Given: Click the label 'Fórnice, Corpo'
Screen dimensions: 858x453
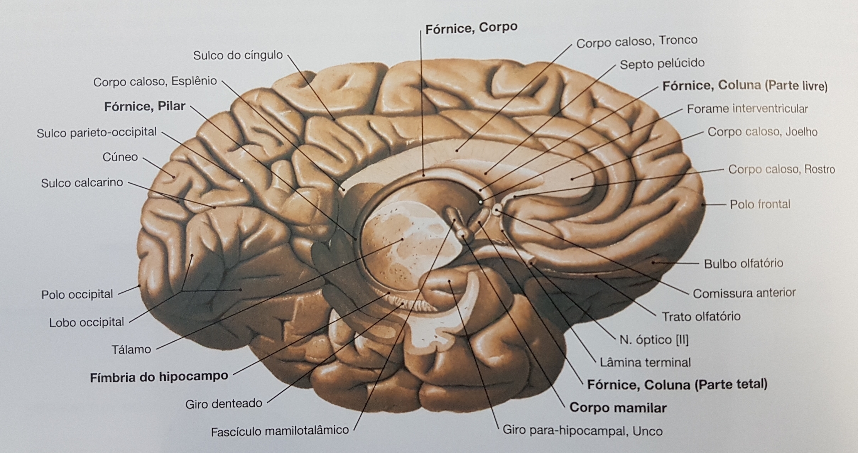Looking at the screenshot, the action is pyautogui.click(x=471, y=28).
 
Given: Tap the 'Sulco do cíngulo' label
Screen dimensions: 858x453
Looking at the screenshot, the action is pyautogui.click(x=238, y=56).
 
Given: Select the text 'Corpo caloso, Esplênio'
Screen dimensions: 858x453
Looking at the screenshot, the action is pyautogui.click(x=155, y=82).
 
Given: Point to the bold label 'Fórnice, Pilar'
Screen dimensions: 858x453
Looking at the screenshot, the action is pyautogui.click(x=145, y=106).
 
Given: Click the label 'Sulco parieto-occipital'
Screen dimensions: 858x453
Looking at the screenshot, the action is pyautogui.click(x=97, y=132).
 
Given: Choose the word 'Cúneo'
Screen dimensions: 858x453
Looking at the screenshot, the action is pyautogui.click(x=120, y=157).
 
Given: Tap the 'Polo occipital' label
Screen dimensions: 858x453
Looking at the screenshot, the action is pyautogui.click(x=77, y=294).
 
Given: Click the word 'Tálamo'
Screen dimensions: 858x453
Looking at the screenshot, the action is pyautogui.click(x=131, y=350).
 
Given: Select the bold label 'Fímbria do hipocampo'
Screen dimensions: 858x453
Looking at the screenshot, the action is pyautogui.click(x=159, y=377).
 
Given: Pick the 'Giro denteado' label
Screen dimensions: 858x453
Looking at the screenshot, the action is pyautogui.click(x=224, y=404).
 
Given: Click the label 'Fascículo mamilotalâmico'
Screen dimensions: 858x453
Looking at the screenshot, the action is pyautogui.click(x=280, y=431).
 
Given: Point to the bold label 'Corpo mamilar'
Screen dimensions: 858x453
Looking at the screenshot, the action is pyautogui.click(x=618, y=407).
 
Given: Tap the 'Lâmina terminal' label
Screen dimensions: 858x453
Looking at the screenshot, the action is pyautogui.click(x=645, y=362).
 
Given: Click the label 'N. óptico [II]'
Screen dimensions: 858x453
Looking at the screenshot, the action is pyautogui.click(x=654, y=340).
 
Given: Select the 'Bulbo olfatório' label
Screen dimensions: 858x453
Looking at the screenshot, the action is pyautogui.click(x=743, y=264).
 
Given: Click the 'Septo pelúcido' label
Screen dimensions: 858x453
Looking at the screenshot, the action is pyautogui.click(x=662, y=64).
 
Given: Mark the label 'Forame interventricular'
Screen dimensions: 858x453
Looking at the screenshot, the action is pyautogui.click(x=747, y=109).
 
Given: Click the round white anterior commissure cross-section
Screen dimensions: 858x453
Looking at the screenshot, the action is pyautogui.click(x=497, y=210).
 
